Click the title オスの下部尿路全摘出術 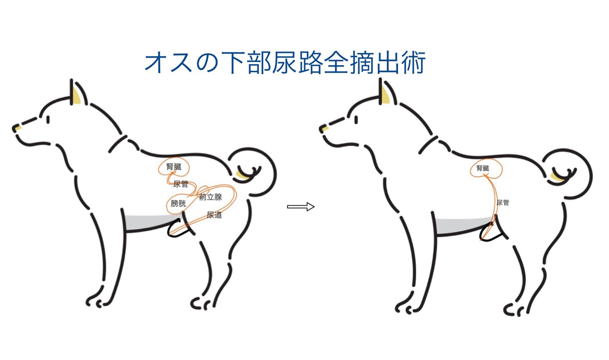(285, 63)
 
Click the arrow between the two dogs (300, 207)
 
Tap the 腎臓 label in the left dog (174, 167)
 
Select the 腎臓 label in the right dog (483, 168)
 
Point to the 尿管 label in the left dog (180, 184)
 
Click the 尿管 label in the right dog (503, 203)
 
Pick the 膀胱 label (178, 203)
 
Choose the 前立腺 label (210, 197)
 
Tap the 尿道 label (214, 215)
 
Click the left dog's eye (48, 119)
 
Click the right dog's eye (356, 119)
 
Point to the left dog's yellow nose (17, 127)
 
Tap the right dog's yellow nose (325, 128)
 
